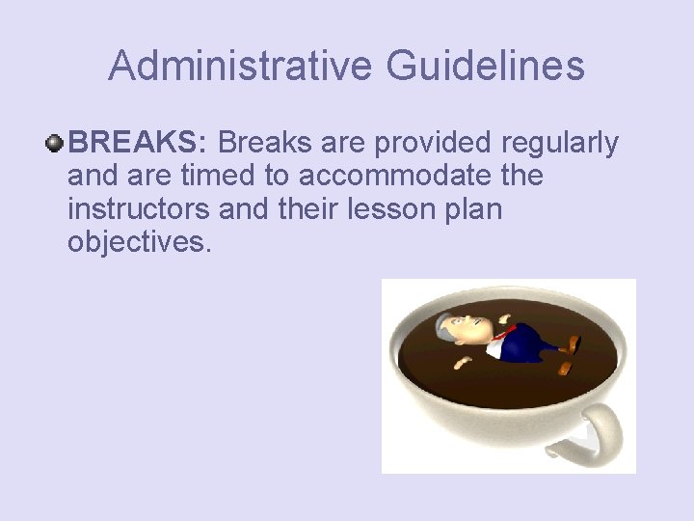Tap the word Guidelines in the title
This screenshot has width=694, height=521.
486,67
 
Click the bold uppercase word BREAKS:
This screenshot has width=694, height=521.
137,143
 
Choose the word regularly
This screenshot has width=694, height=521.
560,143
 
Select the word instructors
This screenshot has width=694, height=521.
139,208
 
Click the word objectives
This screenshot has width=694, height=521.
138,241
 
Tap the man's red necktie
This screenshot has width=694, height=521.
504,335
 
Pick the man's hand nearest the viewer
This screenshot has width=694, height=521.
463,362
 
